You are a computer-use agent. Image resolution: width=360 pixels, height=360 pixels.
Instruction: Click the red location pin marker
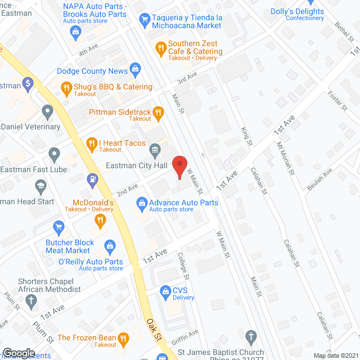[179, 166]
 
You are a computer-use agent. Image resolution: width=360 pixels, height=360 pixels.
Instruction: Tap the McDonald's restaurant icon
[101, 220]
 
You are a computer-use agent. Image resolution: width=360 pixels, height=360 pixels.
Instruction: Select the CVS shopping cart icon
[165, 291]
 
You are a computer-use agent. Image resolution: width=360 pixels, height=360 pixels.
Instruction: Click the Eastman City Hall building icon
[154, 150]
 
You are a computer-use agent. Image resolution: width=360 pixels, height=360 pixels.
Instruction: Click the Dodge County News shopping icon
[135, 71]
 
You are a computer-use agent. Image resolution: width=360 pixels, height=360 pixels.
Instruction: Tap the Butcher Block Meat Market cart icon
[58, 227]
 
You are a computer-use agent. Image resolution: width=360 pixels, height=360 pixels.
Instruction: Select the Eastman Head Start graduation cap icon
[40, 185]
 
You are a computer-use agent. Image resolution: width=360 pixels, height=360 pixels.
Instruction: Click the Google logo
[18, 353]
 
